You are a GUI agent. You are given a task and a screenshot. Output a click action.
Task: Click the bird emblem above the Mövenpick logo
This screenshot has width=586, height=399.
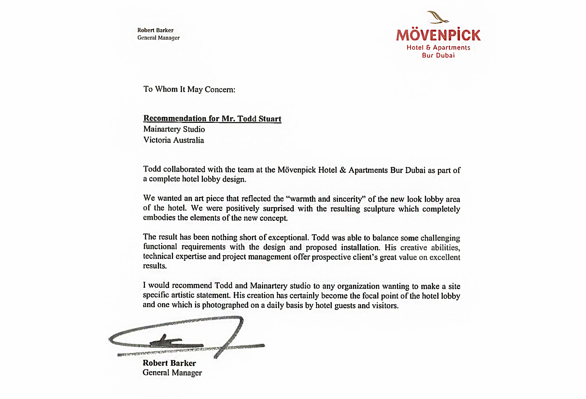pyautogui.click(x=438, y=17)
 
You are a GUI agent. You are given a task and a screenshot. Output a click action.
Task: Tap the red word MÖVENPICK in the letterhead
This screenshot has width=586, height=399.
pyautogui.click(x=438, y=35)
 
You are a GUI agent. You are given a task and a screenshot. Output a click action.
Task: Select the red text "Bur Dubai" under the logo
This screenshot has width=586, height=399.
pyautogui.click(x=438, y=55)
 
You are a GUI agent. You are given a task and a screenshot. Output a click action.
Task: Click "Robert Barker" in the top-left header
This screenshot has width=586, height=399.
pyautogui.click(x=155, y=30)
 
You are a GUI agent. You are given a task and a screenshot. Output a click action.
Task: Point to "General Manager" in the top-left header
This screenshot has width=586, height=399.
pyautogui.click(x=159, y=38)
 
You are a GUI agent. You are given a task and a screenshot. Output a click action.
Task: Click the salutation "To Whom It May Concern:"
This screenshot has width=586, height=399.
pyautogui.click(x=189, y=89)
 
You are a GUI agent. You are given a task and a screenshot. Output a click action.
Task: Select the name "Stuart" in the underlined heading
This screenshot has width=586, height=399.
pyautogui.click(x=270, y=119)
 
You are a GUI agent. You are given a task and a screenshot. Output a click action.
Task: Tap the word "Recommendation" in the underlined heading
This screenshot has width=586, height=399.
pyautogui.click(x=175, y=119)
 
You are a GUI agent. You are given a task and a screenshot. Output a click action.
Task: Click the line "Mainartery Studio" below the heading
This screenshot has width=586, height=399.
pyautogui.click(x=174, y=129)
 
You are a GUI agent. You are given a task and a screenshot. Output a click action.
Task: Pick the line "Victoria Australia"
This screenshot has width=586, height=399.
pyautogui.click(x=173, y=140)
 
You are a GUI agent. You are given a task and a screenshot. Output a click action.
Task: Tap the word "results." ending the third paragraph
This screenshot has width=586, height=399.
pyautogui.click(x=155, y=266)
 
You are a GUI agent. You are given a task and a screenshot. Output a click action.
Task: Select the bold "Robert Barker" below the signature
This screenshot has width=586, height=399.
pyautogui.click(x=169, y=363)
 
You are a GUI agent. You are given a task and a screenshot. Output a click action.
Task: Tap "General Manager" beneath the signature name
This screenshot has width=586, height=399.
pyautogui.click(x=172, y=373)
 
